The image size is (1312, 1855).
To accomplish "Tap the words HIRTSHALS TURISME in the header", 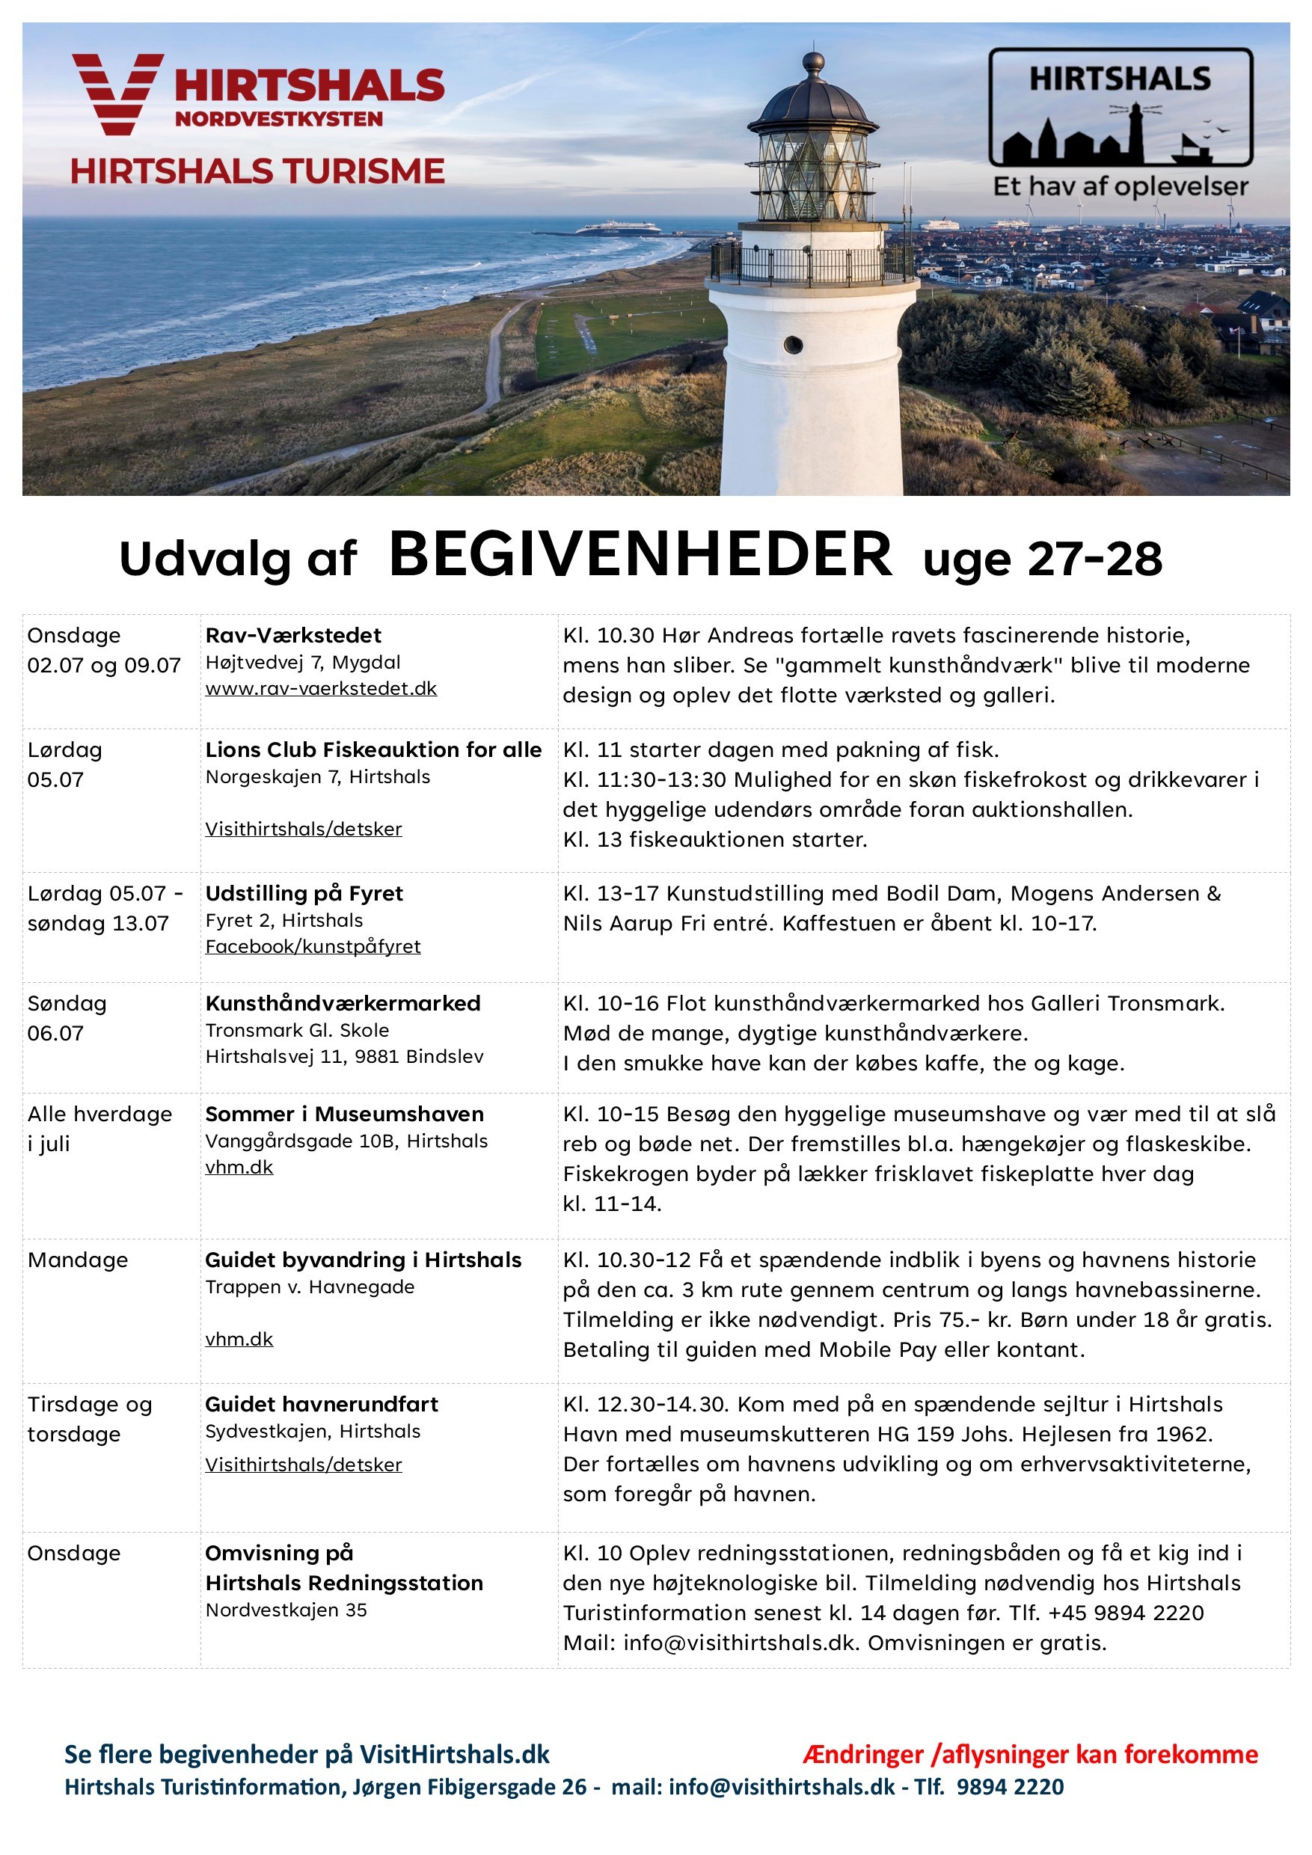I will (257, 171).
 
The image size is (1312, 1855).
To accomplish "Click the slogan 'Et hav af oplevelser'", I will (1121, 187).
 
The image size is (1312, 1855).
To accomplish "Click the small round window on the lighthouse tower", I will (794, 345).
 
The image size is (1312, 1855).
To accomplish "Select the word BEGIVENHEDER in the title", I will (640, 555).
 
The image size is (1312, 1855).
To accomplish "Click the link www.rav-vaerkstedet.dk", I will (321, 688).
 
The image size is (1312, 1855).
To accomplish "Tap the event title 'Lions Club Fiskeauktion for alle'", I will (373, 749).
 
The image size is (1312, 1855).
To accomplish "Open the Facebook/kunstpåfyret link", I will (313, 946).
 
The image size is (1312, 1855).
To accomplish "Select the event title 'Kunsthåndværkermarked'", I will (343, 1004).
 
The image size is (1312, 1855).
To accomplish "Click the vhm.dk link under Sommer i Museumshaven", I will (239, 1168).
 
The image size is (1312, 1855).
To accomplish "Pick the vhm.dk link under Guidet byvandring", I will (239, 1339).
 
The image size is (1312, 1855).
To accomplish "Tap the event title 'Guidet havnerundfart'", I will (322, 1404).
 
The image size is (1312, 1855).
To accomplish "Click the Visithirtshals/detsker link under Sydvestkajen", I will (303, 1465).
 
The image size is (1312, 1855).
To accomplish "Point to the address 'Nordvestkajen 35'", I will (286, 1610).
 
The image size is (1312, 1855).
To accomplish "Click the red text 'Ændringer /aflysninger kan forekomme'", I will (1030, 1754).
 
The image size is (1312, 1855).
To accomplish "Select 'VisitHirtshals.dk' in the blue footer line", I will (454, 1754).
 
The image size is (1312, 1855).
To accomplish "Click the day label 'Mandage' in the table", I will (78, 1260).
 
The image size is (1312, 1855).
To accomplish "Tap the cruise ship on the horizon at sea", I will (617, 228).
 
